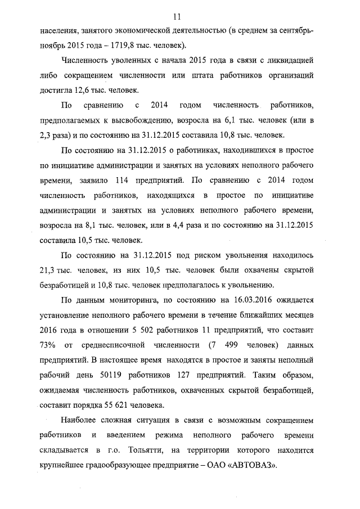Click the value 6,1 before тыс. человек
246,120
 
